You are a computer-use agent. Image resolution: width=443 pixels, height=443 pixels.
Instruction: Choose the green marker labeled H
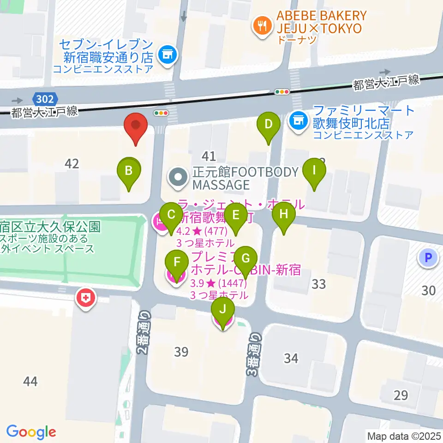click(284, 215)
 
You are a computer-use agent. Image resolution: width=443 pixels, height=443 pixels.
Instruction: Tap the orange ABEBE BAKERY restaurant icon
click(262, 25)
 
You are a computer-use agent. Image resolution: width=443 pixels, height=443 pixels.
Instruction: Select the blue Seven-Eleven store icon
click(167, 55)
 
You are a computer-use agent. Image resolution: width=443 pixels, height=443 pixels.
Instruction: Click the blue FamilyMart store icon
click(298, 121)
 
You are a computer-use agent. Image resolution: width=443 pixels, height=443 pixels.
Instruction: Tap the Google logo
click(31, 431)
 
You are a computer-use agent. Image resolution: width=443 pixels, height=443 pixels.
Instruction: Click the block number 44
click(30, 382)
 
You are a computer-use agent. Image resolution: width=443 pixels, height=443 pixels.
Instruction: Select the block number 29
click(401, 395)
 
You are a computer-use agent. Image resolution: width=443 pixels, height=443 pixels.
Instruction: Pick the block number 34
click(291, 358)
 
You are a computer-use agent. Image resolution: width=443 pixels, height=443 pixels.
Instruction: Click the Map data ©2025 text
click(403, 435)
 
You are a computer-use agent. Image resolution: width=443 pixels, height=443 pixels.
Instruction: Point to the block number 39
click(181, 352)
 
